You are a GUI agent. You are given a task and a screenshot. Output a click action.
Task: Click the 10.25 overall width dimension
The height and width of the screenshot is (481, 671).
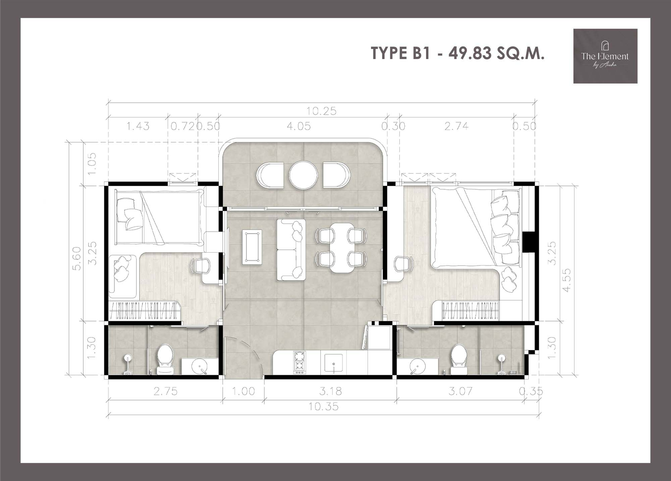tap(321, 111)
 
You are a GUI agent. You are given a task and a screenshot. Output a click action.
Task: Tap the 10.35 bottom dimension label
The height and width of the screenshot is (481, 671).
tap(323, 407)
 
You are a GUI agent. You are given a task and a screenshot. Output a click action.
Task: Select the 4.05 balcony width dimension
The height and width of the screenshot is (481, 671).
tap(299, 126)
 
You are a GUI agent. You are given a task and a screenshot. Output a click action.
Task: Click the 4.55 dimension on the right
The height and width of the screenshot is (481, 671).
tap(566, 280)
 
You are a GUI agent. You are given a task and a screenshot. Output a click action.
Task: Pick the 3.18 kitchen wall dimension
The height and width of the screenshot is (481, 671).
tap(331, 391)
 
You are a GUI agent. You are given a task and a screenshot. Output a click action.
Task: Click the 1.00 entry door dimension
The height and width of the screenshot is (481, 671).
tap(244, 391)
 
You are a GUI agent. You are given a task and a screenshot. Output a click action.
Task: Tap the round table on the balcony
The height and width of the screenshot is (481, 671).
tap(303, 175)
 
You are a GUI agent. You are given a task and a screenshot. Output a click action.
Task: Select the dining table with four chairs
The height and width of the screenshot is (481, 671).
tap(342, 248)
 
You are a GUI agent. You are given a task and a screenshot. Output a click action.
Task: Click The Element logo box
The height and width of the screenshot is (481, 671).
tap(605, 56)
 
